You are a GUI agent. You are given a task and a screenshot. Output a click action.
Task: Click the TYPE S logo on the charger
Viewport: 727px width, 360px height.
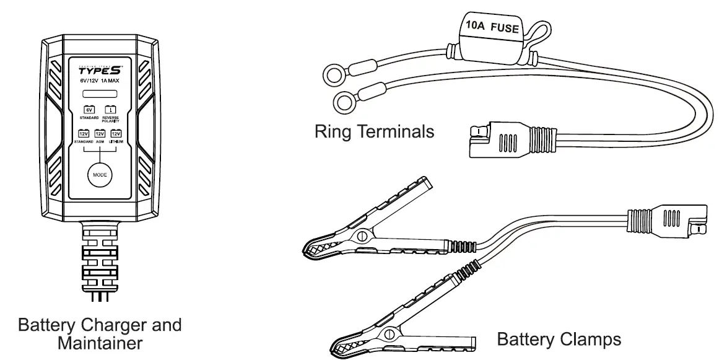[100, 69]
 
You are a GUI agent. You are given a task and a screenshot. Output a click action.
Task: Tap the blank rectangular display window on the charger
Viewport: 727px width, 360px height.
[100, 95]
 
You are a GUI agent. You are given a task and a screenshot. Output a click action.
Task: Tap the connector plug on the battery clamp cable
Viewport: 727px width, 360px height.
[669, 220]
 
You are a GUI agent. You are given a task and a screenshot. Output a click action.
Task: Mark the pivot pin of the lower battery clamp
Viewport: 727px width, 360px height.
[391, 335]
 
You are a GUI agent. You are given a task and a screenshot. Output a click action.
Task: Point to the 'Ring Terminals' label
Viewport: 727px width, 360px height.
[374, 132]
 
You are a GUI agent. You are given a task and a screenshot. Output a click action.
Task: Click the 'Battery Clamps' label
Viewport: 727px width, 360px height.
[559, 339]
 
